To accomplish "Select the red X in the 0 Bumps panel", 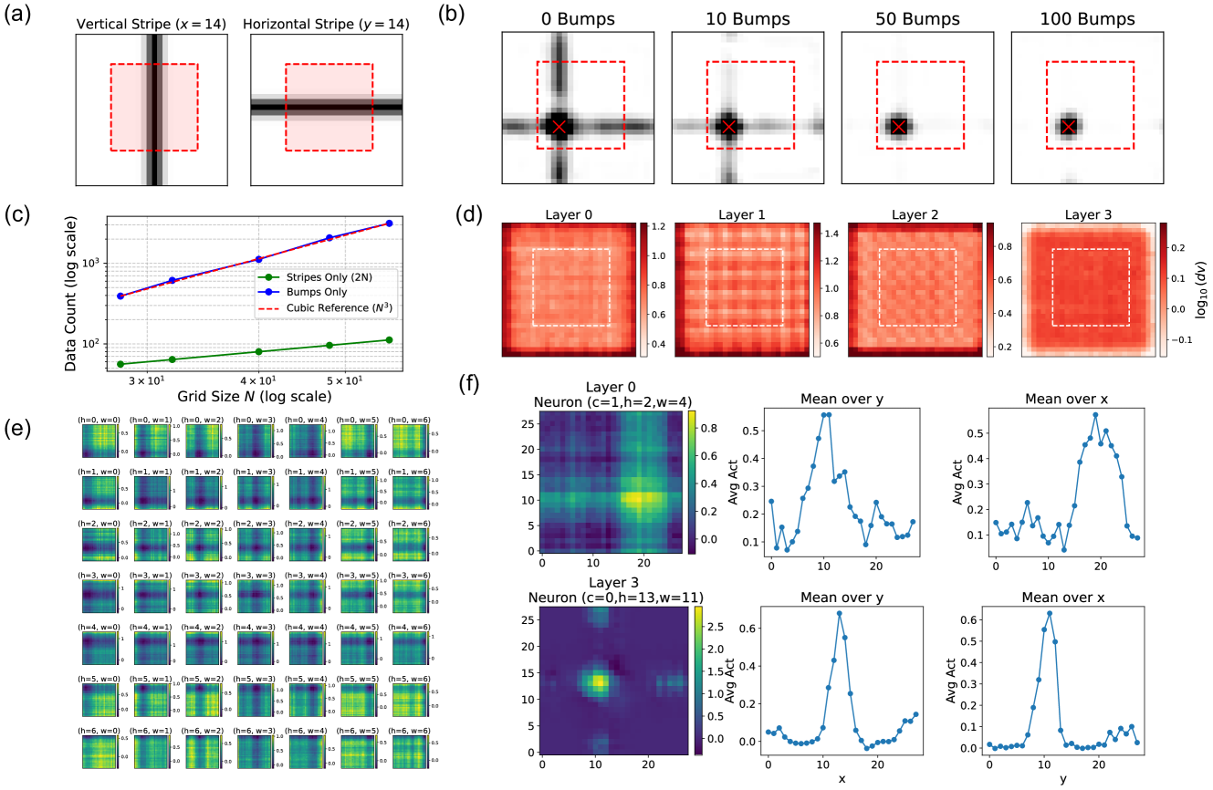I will pos(559,126).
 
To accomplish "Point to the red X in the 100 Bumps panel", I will pos(1068,126).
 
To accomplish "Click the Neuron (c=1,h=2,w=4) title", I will pos(610,402).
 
